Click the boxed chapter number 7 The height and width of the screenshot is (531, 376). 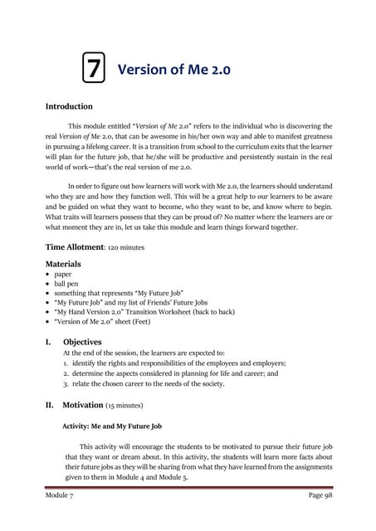coord(95,69)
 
